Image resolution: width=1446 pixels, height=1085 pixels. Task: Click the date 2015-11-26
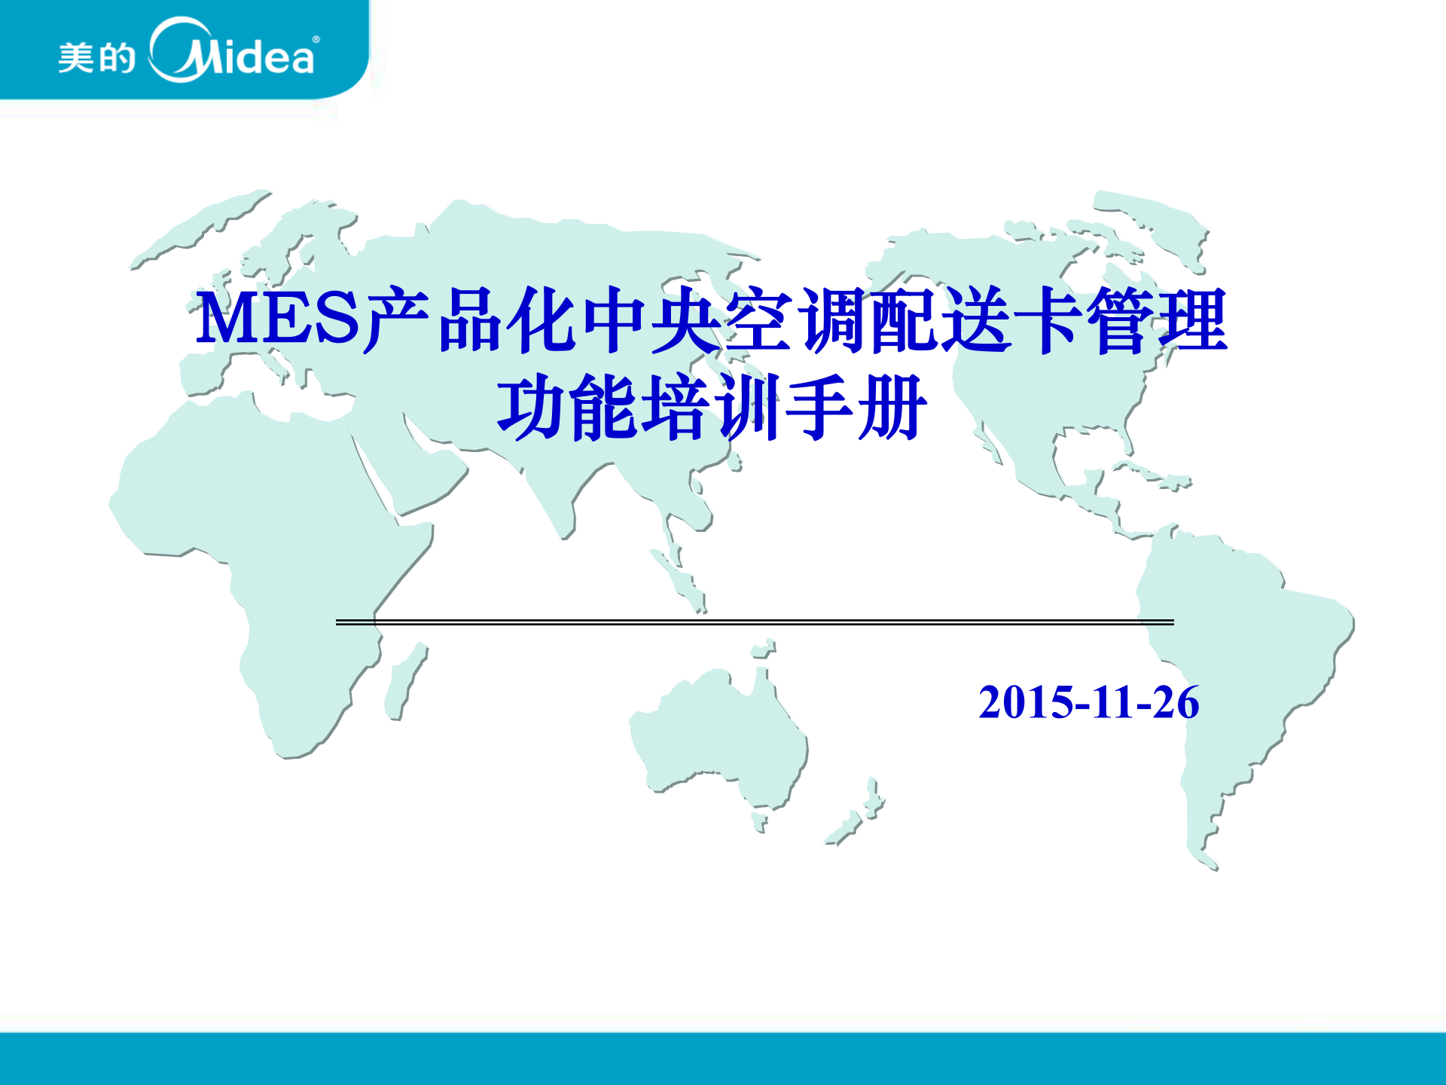coord(1088,702)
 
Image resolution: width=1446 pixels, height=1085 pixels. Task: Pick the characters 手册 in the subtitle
coord(855,409)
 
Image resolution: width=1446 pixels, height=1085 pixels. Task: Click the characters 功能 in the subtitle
coord(569,409)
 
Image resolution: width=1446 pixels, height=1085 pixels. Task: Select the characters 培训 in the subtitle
coord(712,409)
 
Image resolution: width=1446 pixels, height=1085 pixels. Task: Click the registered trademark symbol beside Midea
coord(316,39)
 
